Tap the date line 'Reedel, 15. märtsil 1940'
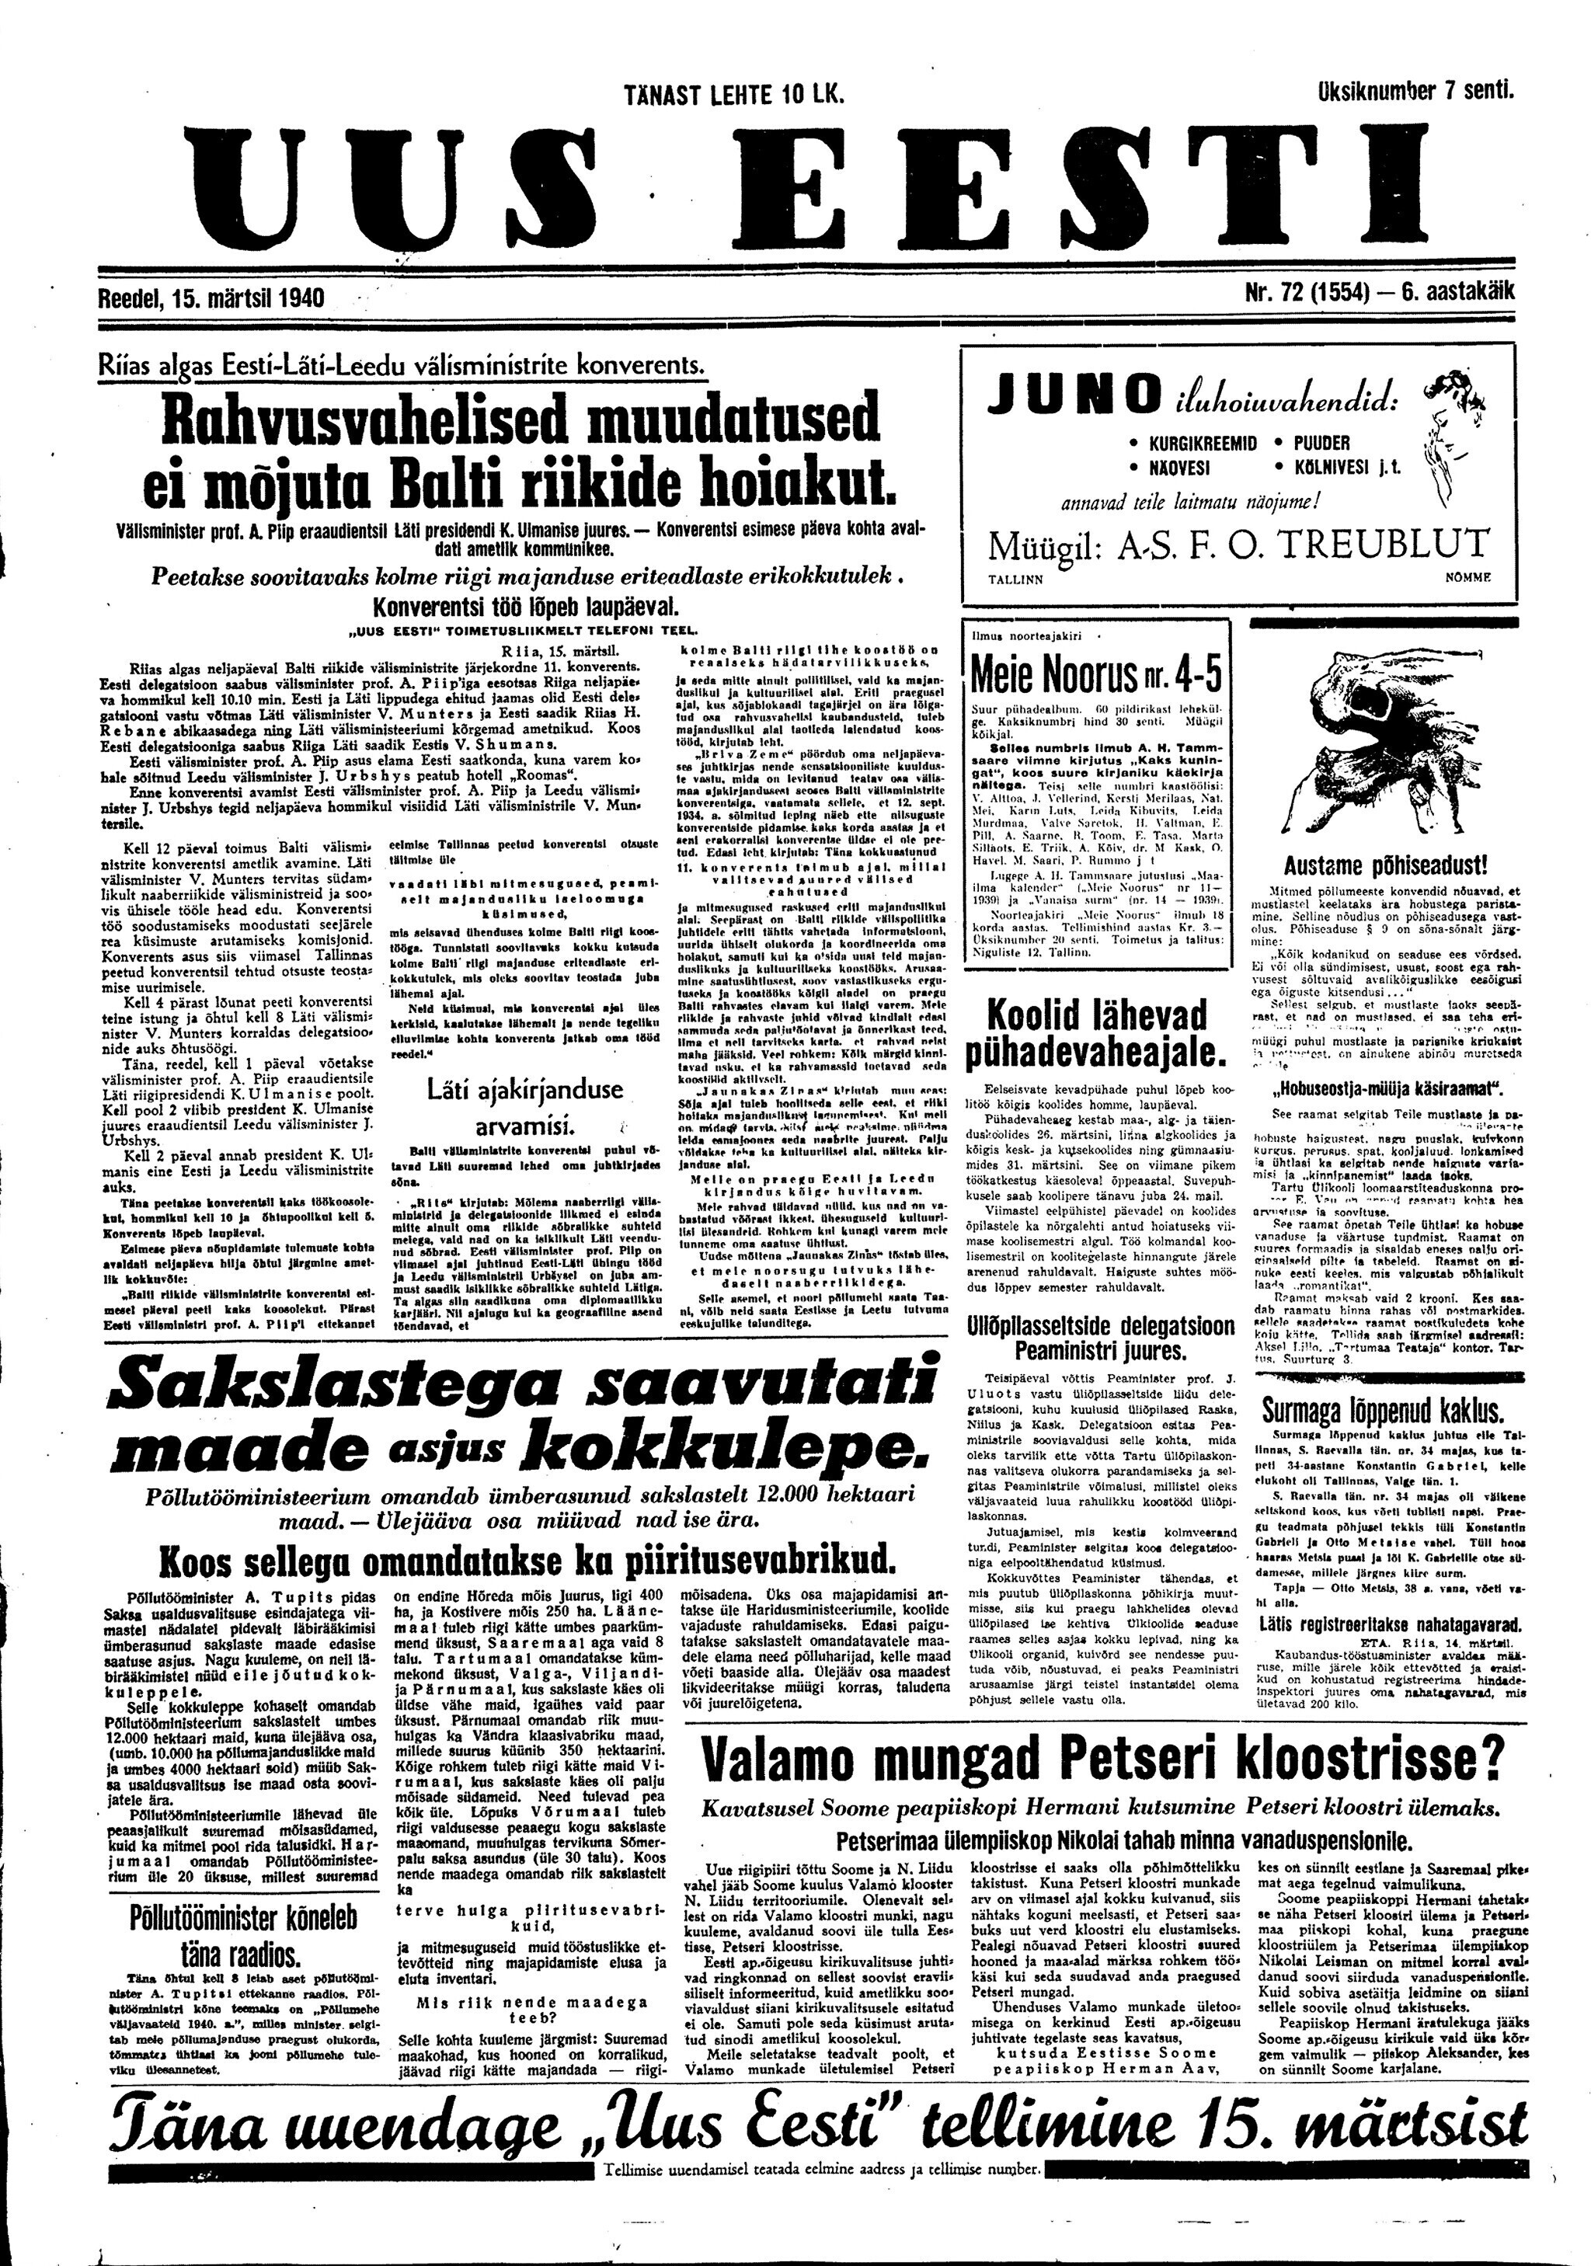(x=212, y=296)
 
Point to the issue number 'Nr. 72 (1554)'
(x=1300, y=293)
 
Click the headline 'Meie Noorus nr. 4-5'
(x=1096, y=675)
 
